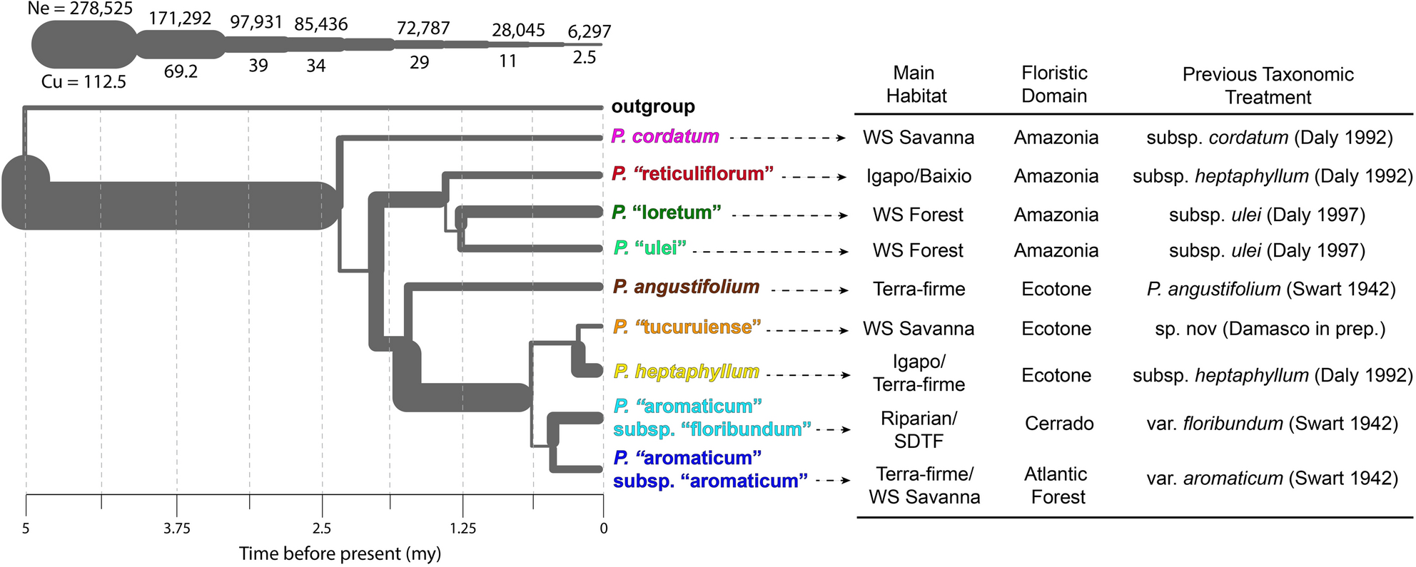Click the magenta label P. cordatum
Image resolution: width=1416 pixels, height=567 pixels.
coord(665,136)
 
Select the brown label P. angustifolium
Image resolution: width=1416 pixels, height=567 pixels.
coord(686,287)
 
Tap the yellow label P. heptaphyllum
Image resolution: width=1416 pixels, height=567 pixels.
coord(686,372)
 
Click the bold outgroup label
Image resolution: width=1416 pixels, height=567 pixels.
coord(652,106)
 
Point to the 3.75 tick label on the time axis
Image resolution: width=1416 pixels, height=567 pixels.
coord(177,528)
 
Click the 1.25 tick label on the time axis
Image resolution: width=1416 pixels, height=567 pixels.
coord(462,528)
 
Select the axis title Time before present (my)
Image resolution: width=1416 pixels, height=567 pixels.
coord(340,553)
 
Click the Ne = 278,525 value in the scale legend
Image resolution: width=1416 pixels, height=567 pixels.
coord(80,9)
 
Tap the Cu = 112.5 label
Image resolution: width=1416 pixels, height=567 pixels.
coord(84,82)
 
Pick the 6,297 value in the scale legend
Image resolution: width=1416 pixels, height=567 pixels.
coord(589,31)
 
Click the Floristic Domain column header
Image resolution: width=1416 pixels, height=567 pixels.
coord(1054,84)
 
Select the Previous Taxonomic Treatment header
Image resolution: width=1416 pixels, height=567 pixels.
coord(1268,86)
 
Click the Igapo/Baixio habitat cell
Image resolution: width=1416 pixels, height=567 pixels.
coord(919,176)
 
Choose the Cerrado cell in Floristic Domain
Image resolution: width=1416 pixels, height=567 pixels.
coord(1059,424)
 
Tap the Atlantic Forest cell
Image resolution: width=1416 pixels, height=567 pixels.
coord(1056,485)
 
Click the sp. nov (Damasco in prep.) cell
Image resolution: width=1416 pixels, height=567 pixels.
coord(1270,329)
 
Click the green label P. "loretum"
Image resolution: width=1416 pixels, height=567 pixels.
coord(667,213)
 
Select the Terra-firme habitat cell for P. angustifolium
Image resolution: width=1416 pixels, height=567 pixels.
coord(919,289)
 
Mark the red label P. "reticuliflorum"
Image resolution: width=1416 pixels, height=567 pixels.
coord(692,174)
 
